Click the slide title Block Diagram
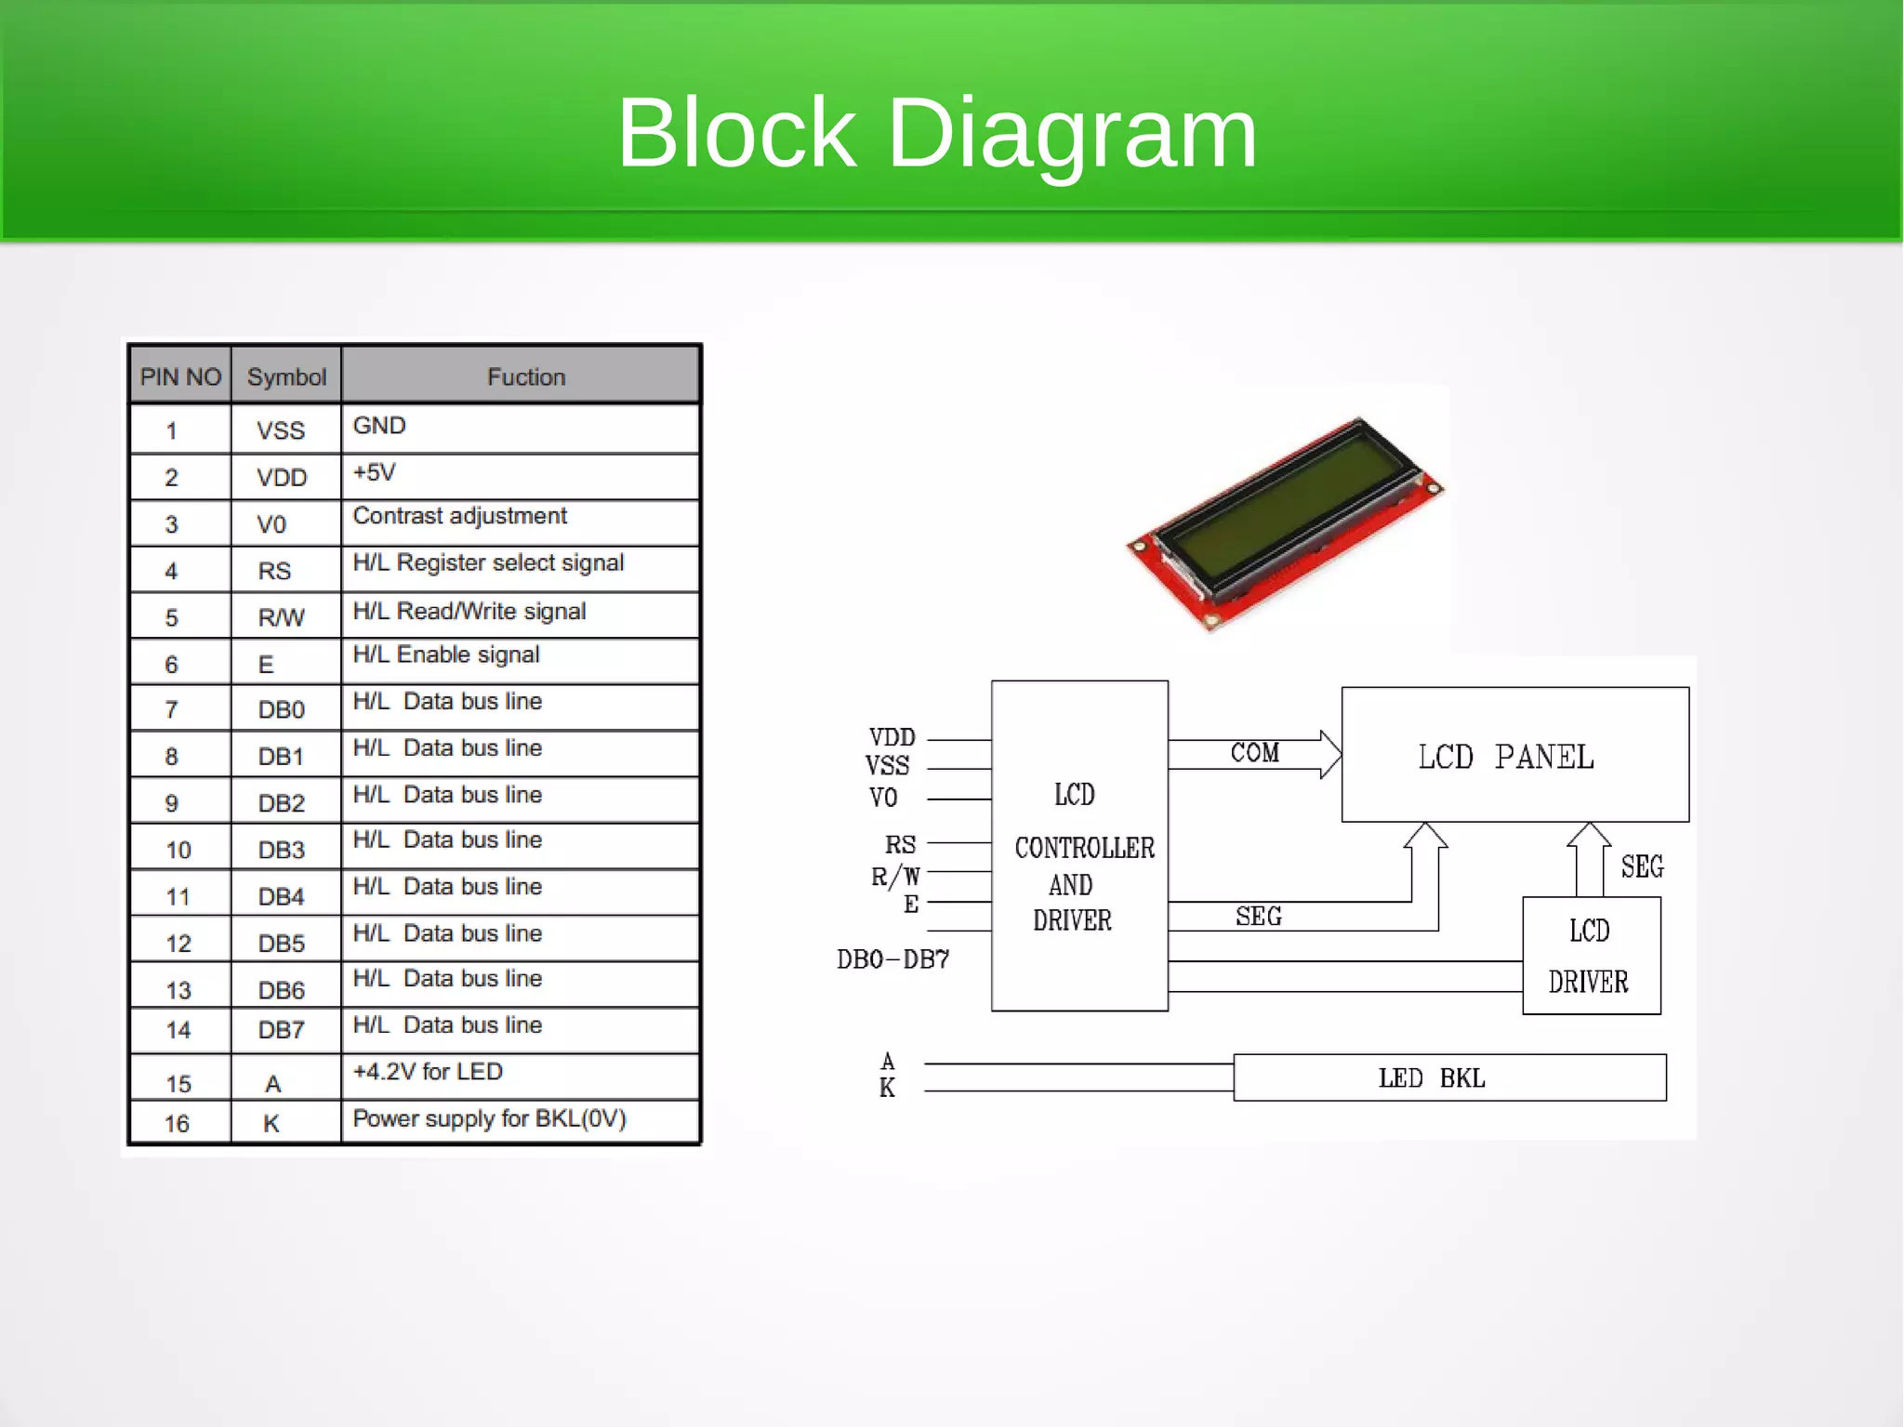[936, 133]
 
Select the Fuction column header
[525, 377]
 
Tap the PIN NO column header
[180, 377]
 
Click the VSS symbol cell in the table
[281, 430]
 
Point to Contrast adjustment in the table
[459, 516]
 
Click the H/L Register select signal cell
[488, 562]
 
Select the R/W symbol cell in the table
[281, 617]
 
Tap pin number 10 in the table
[178, 850]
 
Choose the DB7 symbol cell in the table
[281, 1030]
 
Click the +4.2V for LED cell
[428, 1072]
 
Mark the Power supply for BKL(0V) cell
[489, 1118]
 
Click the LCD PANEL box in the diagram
[1514, 756]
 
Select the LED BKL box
[1448, 1077]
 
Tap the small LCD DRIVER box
[1590, 956]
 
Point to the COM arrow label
[1254, 752]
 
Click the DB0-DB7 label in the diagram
[892, 958]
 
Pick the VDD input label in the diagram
[892, 737]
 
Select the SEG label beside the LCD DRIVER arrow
[1641, 866]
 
